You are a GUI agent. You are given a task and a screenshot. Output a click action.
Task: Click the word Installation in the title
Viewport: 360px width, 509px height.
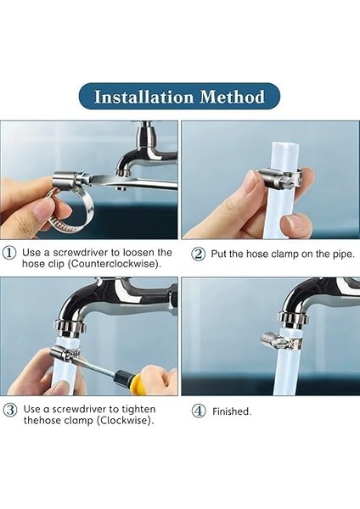coord(144,97)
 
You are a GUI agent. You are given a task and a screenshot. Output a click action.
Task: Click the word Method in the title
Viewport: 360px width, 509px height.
coord(233,97)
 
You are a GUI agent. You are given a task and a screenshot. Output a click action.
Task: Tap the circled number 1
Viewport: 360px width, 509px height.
coord(9,253)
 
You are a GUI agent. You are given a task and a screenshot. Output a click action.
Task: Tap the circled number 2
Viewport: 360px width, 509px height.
coord(198,254)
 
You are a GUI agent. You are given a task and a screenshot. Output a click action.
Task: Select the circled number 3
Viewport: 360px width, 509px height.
coord(10,410)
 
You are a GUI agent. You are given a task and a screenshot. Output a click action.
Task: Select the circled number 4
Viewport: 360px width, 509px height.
coord(199,411)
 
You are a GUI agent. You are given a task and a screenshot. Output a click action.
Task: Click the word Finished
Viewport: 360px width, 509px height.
coord(232,411)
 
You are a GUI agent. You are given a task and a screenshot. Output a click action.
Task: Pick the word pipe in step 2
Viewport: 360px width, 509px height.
coord(344,255)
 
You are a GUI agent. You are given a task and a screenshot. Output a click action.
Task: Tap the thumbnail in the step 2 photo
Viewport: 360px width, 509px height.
coord(296,224)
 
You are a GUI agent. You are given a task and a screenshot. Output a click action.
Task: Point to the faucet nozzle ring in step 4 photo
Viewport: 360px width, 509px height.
coord(291,319)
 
